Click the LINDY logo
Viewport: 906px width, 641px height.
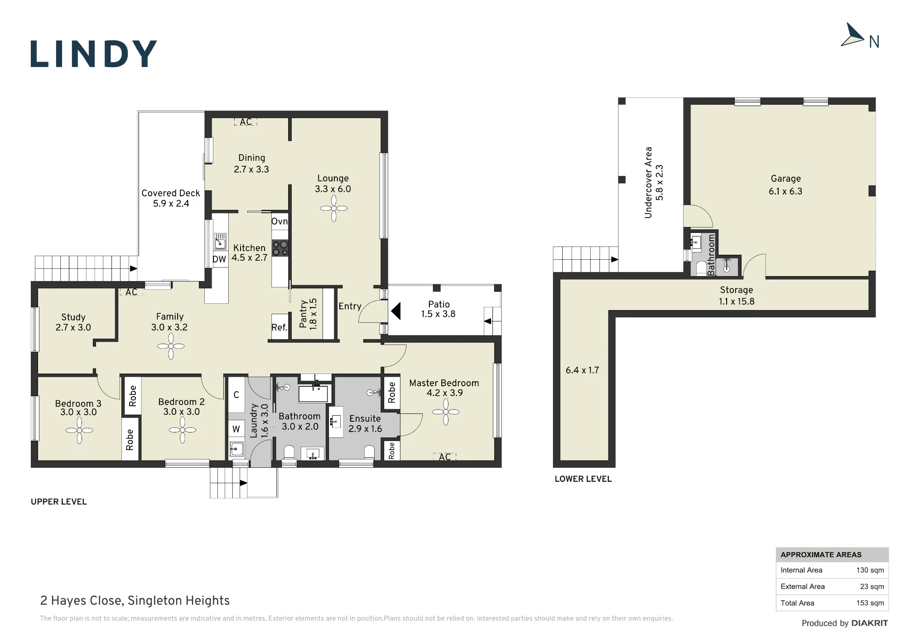(94, 54)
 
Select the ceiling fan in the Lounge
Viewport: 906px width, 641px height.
(334, 209)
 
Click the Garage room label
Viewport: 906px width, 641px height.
(786, 179)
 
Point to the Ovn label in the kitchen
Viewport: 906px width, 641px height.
(280, 221)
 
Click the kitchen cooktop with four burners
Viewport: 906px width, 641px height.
(280, 248)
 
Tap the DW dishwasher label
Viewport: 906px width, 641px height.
(219, 259)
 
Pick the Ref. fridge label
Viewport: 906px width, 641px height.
(280, 327)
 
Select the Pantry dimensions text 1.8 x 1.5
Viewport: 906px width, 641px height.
(313, 314)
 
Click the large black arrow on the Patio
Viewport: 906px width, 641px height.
(395, 311)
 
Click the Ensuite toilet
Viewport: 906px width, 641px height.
(370, 452)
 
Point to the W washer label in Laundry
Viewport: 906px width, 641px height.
(236, 429)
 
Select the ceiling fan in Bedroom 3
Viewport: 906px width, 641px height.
(79, 430)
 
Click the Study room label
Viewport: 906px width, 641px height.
(73, 317)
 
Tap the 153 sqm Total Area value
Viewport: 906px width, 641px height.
(870, 603)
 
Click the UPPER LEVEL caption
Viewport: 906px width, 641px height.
(59, 502)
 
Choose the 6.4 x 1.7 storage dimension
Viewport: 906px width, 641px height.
(582, 370)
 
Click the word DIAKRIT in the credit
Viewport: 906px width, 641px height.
(870, 623)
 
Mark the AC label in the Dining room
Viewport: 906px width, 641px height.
(246, 122)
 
